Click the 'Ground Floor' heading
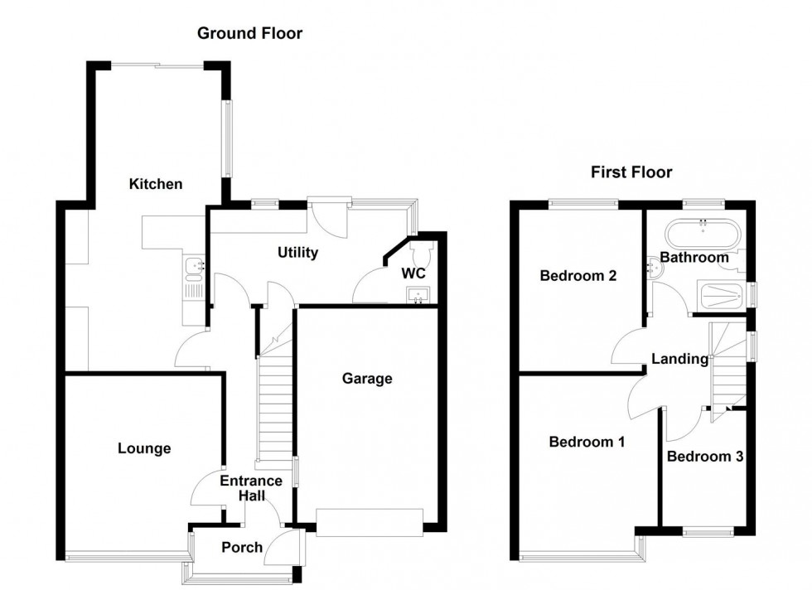(249, 33)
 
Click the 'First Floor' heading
(631, 172)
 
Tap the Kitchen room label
(155, 184)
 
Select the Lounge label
(144, 448)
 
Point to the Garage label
(367, 379)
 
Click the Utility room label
(297, 253)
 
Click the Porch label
(242, 547)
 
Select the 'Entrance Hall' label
(252, 488)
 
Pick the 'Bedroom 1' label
(587, 442)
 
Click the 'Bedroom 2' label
(578, 276)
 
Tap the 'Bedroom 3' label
(704, 456)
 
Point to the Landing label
(679, 359)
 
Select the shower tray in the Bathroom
(721, 294)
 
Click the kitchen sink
(194, 266)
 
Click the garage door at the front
(369, 523)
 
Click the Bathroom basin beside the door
(659, 266)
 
